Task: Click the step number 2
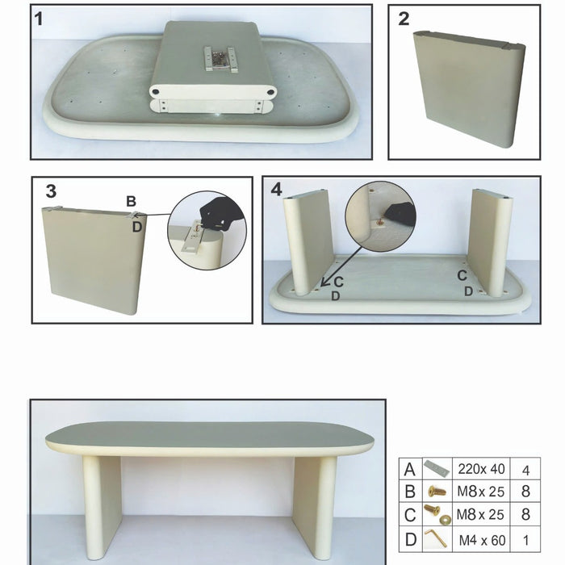tap(404, 19)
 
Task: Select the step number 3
tap(50, 191)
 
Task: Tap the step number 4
tap(277, 190)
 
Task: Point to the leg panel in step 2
tap(467, 89)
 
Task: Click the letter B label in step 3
tap(130, 201)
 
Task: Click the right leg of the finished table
tap(314, 504)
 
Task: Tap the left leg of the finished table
tap(102, 504)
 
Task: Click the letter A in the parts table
tap(411, 468)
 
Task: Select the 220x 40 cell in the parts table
tap(479, 468)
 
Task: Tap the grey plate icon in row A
tap(437, 468)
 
